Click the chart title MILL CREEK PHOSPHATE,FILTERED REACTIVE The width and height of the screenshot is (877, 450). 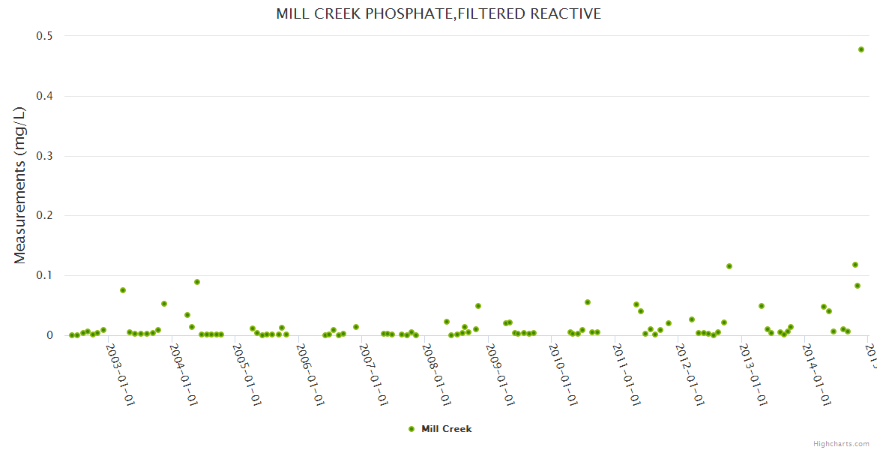pyautogui.click(x=438, y=13)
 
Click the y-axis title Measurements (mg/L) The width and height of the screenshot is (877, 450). pyautogui.click(x=20, y=185)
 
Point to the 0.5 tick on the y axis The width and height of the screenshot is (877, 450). pyautogui.click(x=45, y=36)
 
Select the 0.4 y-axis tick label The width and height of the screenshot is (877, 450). pyautogui.click(x=45, y=96)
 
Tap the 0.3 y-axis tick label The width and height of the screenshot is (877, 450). pyautogui.click(x=45, y=156)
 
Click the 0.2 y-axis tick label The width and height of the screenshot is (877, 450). pyautogui.click(x=45, y=216)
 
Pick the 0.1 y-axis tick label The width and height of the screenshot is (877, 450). pyautogui.click(x=45, y=276)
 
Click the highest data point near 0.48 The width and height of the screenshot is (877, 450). pyautogui.click(x=861, y=49)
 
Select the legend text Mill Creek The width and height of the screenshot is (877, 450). pyautogui.click(x=447, y=429)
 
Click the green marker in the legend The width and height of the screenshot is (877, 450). pyautogui.click(x=412, y=429)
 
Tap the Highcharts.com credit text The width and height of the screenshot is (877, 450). pyautogui.click(x=841, y=444)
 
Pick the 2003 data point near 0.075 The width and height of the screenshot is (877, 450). pyautogui.click(x=123, y=290)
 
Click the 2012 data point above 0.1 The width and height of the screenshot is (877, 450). pyautogui.click(x=729, y=266)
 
